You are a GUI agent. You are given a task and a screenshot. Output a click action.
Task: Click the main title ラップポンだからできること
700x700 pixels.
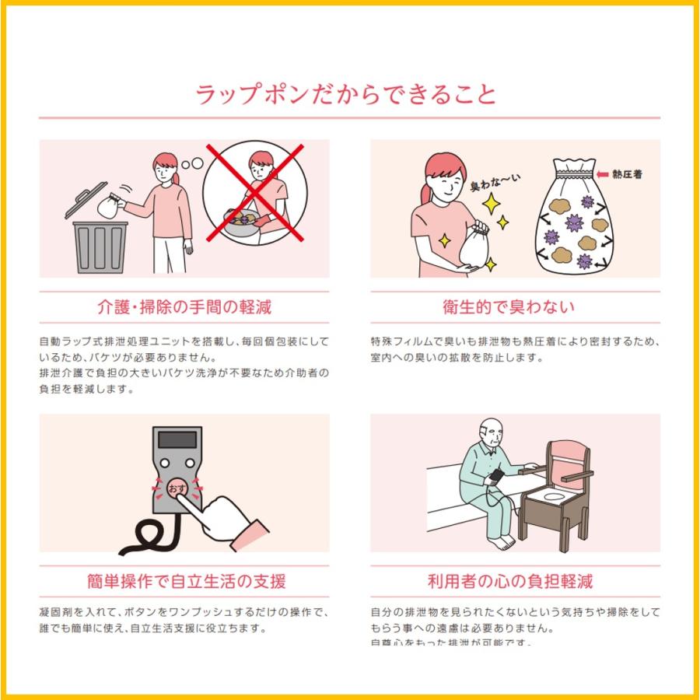346,95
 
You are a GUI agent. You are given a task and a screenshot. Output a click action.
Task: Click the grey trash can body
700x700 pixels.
100,247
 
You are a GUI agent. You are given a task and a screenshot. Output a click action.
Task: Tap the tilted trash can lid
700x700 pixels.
87,201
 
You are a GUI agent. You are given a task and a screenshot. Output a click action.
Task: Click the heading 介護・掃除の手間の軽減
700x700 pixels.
184,306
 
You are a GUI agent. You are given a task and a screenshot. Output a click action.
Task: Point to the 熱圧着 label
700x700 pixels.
628,174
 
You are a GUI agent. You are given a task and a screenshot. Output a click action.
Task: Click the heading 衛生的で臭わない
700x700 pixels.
515,306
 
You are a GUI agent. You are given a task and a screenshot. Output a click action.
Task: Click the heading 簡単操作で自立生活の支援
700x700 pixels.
184,581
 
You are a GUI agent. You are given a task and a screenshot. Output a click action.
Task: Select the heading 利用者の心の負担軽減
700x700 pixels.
515,581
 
